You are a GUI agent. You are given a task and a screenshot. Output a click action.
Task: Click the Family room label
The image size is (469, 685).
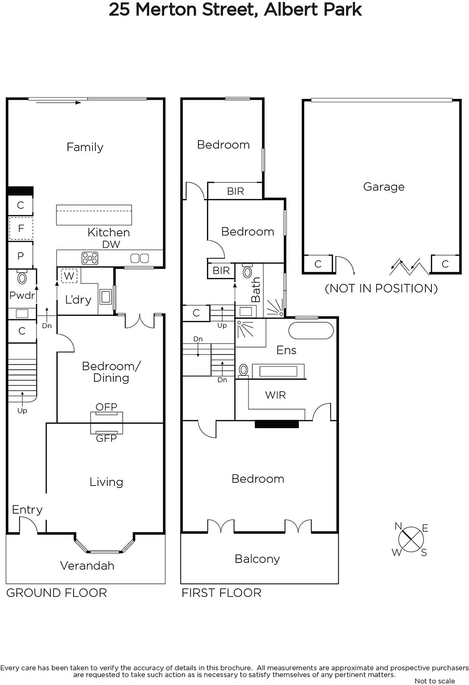click(x=85, y=147)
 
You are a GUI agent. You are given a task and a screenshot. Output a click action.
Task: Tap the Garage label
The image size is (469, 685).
click(x=384, y=187)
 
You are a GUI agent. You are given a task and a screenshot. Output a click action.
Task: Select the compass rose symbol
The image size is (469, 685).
click(x=411, y=540)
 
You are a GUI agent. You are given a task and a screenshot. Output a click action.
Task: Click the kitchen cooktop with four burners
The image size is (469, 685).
click(x=90, y=258)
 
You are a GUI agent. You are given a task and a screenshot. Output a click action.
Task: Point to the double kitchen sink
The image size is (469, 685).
click(x=139, y=259)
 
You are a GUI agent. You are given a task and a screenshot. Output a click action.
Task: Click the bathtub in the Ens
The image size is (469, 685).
click(x=311, y=330)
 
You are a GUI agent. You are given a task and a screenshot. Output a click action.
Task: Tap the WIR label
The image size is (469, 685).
click(x=275, y=395)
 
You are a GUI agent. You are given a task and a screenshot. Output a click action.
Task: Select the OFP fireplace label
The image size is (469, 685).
click(x=106, y=407)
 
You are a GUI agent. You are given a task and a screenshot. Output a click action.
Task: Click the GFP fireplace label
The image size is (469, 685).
click(x=106, y=438)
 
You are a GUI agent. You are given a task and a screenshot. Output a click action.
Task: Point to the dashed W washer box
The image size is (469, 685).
click(x=69, y=276)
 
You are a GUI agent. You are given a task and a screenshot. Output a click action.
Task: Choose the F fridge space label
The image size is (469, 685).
click(x=21, y=228)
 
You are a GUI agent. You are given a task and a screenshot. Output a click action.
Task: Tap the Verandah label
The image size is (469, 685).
click(x=87, y=566)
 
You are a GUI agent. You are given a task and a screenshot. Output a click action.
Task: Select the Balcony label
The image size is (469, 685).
click(x=257, y=559)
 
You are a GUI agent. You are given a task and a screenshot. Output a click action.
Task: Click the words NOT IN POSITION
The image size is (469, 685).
click(x=381, y=289)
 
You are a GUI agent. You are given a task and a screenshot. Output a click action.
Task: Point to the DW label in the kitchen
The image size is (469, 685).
click(x=111, y=244)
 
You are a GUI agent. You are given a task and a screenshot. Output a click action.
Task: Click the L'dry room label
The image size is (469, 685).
click(x=78, y=299)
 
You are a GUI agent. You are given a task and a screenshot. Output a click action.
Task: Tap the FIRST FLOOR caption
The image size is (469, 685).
click(x=222, y=593)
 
